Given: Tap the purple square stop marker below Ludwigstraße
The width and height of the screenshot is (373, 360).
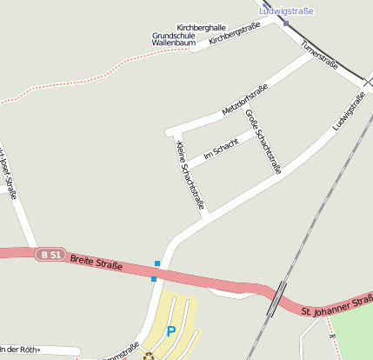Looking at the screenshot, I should pos(286,23).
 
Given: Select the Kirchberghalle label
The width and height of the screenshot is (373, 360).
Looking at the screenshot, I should pos(201,28).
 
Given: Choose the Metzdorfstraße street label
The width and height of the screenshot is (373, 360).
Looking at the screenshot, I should pos(244,100).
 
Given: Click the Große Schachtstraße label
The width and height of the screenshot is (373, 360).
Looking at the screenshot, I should pos(263,142).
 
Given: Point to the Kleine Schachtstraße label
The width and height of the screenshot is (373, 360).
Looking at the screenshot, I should pos(190,175).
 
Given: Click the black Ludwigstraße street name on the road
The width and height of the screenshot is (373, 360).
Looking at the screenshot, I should pos(349,117).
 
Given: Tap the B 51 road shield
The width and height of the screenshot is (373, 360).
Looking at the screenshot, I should pos(50,255).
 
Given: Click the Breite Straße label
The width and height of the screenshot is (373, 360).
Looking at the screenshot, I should pos(95,260).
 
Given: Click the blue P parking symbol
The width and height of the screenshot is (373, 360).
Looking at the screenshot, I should pos(171,331).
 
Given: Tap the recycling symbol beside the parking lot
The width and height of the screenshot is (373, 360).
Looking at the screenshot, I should pos(149,355).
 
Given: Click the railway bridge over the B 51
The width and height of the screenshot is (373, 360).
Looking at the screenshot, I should pos(277,299).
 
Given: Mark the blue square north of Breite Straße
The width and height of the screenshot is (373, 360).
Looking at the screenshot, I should pos(157,263).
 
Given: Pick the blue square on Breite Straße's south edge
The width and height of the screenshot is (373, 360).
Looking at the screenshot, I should pos(154,278).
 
